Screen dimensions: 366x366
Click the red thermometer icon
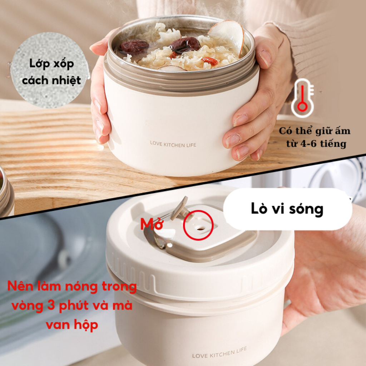pos(302,98)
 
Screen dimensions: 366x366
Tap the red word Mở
pos(152,224)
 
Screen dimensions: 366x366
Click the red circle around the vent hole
pos(198,225)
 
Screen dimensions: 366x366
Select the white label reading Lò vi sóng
pos(287,209)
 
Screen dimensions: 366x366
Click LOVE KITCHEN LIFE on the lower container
pos(219,352)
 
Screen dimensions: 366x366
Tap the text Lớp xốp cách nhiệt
pos(51,71)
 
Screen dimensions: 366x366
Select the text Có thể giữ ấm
pos(315,131)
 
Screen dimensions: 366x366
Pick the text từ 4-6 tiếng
pos(316,143)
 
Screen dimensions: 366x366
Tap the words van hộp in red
pos(72,325)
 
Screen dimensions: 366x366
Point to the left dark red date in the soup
pos(134,46)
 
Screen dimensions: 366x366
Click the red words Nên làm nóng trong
pos(72,287)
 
